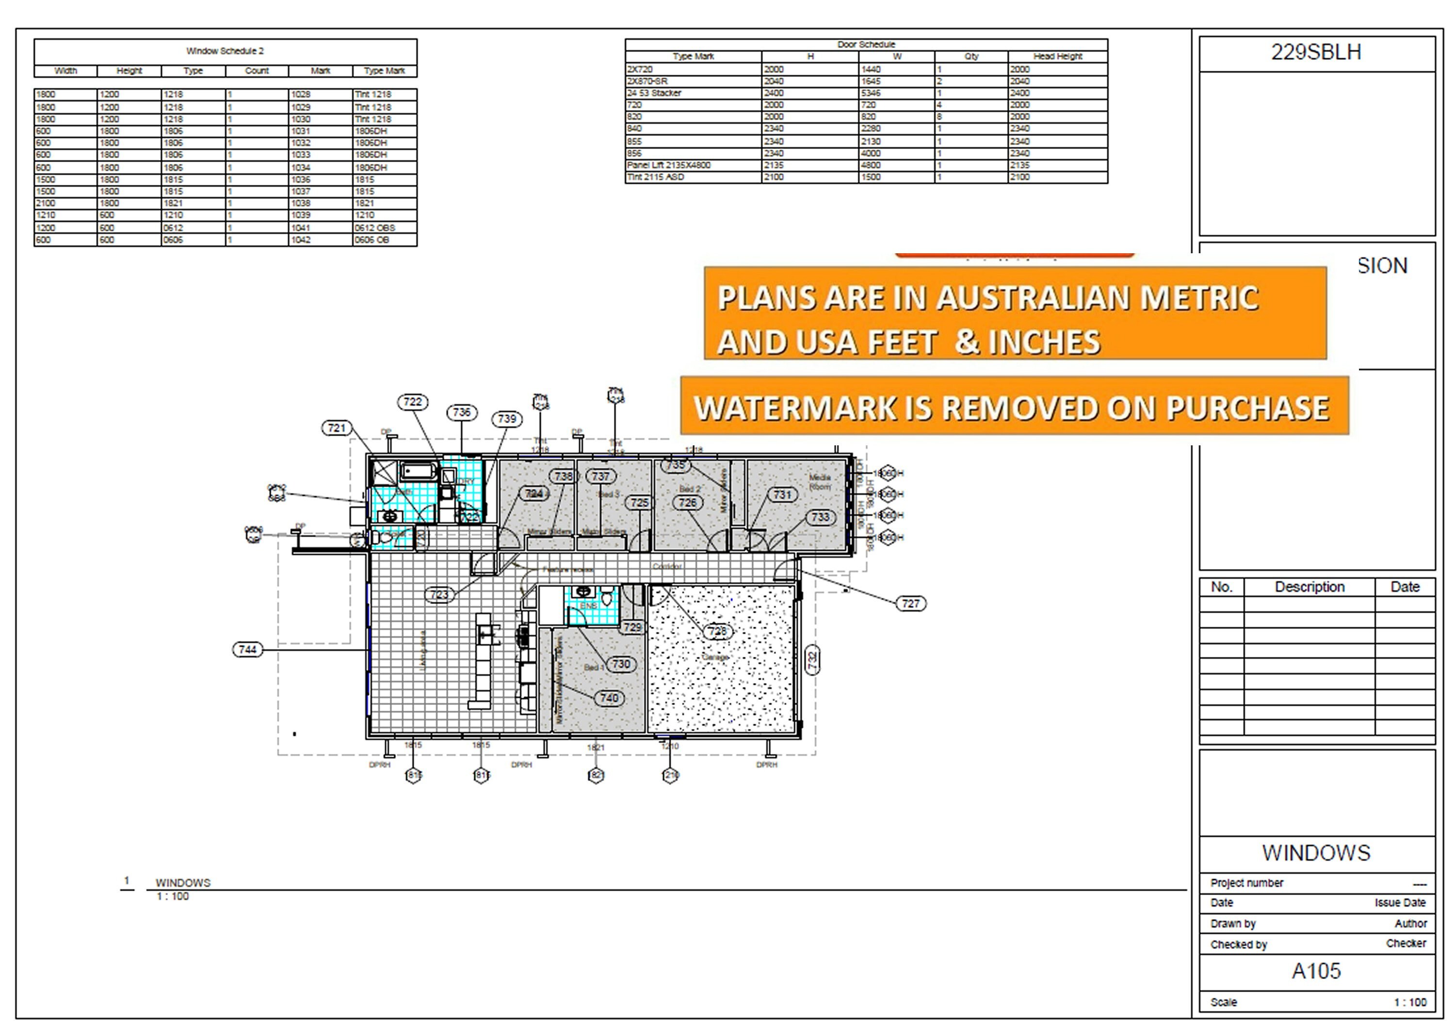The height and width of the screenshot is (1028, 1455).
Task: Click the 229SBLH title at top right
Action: pyautogui.click(x=1316, y=52)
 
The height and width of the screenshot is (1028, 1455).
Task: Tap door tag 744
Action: pyautogui.click(x=247, y=650)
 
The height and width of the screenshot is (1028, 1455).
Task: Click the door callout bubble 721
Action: pyautogui.click(x=337, y=428)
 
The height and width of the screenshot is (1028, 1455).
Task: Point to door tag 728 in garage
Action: pyautogui.click(x=717, y=631)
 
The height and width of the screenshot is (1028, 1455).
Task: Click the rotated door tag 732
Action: pyautogui.click(x=812, y=660)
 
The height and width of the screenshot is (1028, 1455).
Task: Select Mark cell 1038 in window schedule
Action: pyautogui.click(x=301, y=203)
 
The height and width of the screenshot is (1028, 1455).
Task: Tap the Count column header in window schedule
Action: pyautogui.click(x=257, y=70)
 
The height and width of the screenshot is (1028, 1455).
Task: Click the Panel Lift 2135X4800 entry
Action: pyautogui.click(x=668, y=165)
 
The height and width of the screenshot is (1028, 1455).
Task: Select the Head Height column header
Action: pyautogui.click(x=1058, y=56)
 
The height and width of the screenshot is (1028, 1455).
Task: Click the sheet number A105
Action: pyautogui.click(x=1316, y=971)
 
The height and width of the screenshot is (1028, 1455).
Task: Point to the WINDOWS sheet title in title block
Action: pyautogui.click(x=1316, y=853)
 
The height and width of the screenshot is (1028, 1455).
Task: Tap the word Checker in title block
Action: pyautogui.click(x=1406, y=943)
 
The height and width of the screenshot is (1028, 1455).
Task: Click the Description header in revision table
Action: pyautogui.click(x=1309, y=587)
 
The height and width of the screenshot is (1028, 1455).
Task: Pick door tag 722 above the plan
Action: pyautogui.click(x=413, y=402)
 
